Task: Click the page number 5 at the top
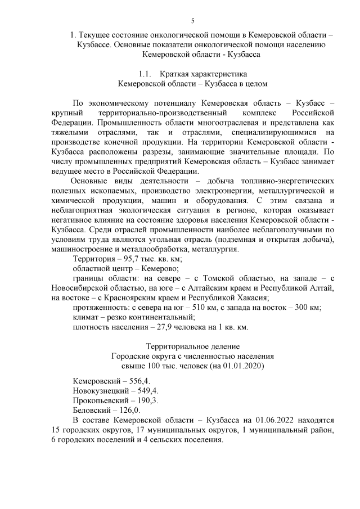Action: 192,21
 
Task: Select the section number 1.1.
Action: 146,74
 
